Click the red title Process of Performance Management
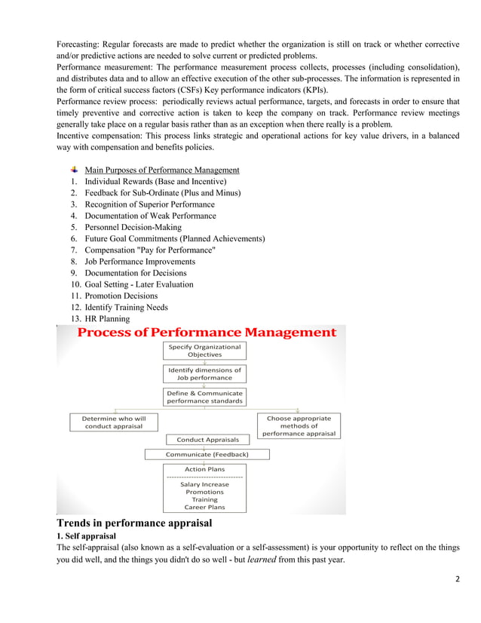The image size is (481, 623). click(207, 333)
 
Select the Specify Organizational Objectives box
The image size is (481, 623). click(204, 350)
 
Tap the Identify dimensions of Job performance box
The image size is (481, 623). click(204, 373)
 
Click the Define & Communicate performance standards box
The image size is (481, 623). click(204, 397)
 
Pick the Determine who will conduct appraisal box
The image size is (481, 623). click(109, 422)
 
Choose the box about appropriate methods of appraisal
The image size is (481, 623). click(299, 425)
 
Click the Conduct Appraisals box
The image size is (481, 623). click(207, 439)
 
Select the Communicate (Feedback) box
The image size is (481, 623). click(207, 454)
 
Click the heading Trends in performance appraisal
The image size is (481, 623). click(134, 523)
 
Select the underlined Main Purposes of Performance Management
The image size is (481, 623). click(161, 170)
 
